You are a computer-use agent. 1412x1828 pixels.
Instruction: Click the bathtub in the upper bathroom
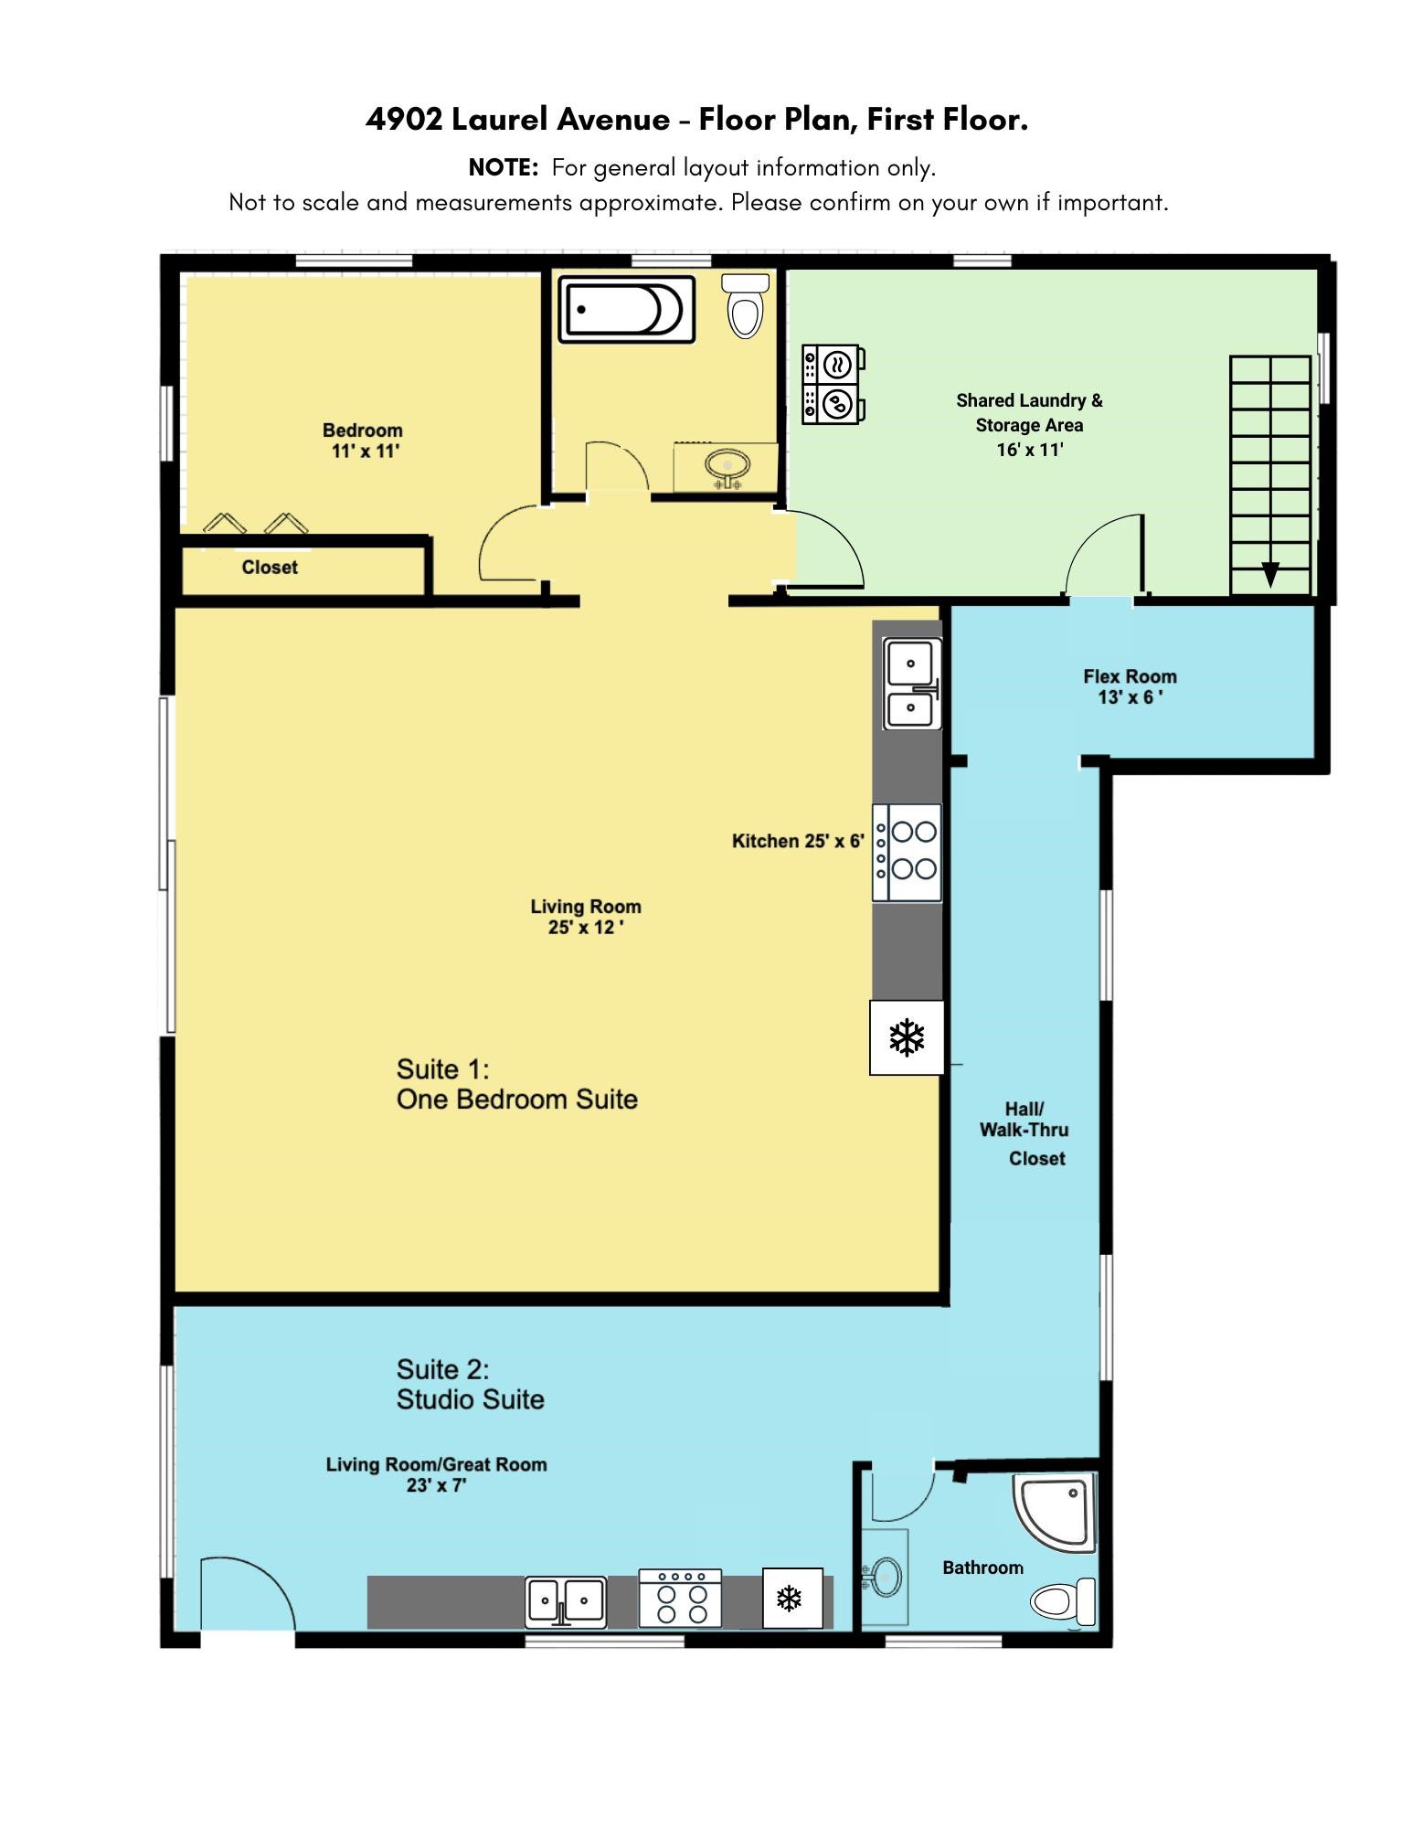pyautogui.click(x=627, y=309)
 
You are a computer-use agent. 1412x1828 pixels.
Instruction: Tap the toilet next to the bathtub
pyautogui.click(x=746, y=305)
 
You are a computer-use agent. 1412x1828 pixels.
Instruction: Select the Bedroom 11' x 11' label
pyautogui.click(x=363, y=441)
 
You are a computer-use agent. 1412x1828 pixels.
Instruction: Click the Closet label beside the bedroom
pyautogui.click(x=270, y=568)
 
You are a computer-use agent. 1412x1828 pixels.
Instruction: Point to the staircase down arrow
pyautogui.click(x=1270, y=574)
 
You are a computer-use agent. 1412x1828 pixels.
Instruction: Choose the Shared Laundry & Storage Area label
pyautogui.click(x=1029, y=425)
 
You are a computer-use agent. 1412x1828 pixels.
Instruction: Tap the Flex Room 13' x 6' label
pyautogui.click(x=1130, y=686)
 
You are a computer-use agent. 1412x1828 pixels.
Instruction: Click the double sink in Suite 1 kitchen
pyautogui.click(x=912, y=683)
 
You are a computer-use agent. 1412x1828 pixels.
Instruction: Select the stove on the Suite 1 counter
pyautogui.click(x=907, y=853)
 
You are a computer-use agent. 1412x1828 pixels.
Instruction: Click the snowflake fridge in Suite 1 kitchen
pyautogui.click(x=907, y=1037)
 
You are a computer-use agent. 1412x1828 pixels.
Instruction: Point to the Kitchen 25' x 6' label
pyautogui.click(x=798, y=841)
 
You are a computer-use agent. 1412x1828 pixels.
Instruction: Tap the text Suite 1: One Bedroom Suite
pyautogui.click(x=516, y=1084)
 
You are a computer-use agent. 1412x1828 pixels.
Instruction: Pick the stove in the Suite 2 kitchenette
pyautogui.click(x=680, y=1599)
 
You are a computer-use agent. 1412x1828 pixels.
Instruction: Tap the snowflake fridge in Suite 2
pyautogui.click(x=792, y=1599)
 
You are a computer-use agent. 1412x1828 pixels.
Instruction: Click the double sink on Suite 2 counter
pyautogui.click(x=566, y=1601)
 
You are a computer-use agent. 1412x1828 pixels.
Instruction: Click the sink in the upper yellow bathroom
pyautogui.click(x=727, y=466)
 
